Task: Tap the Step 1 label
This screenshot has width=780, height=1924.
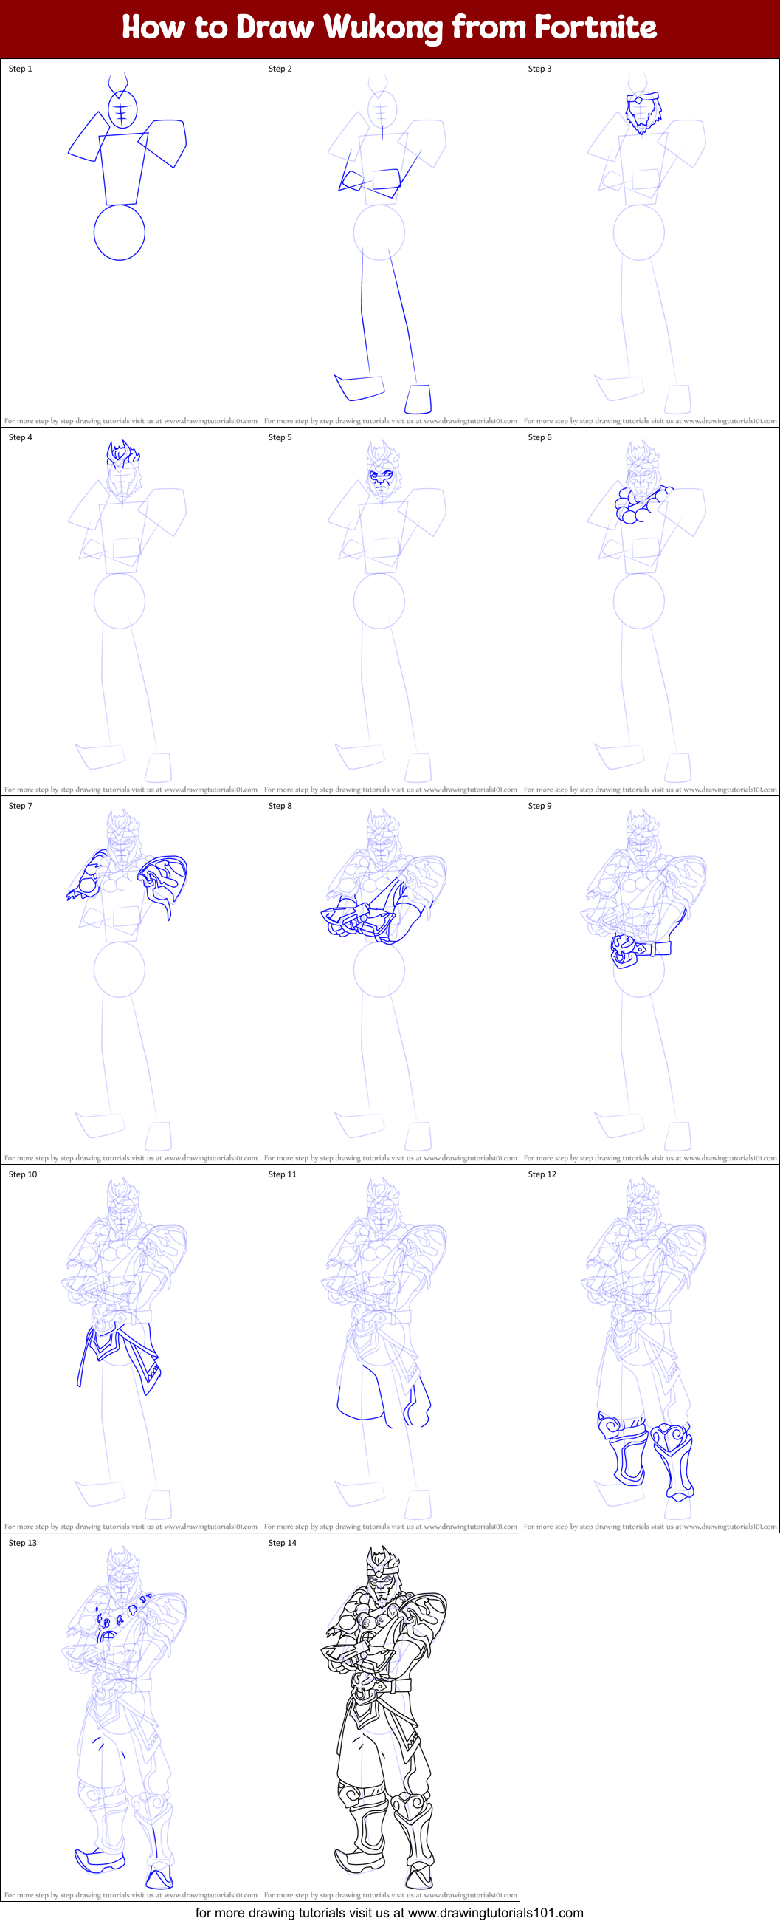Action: pyautogui.click(x=20, y=69)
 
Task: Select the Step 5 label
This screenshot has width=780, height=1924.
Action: pyautogui.click(x=280, y=438)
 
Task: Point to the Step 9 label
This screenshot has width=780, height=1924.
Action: pyautogui.click(x=539, y=806)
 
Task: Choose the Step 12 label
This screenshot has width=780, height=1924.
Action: pyautogui.click(x=542, y=1175)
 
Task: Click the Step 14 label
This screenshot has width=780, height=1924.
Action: pyautogui.click(x=282, y=1543)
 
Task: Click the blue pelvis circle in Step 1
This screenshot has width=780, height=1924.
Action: pyautogui.click(x=120, y=233)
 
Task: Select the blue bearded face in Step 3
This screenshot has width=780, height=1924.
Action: pyautogui.click(x=643, y=112)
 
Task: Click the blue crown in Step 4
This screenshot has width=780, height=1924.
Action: pyautogui.click(x=122, y=453)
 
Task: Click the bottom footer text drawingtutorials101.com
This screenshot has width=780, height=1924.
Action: pyautogui.click(x=496, y=1913)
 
